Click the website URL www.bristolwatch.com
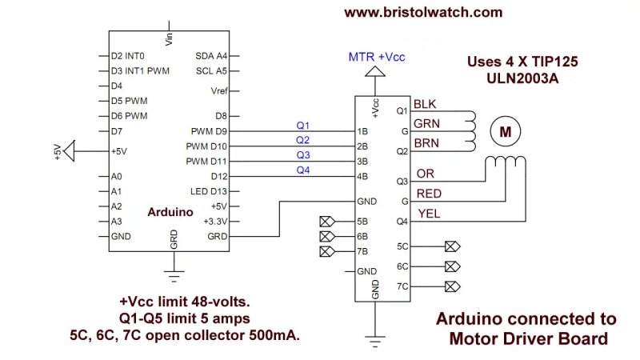[423, 12]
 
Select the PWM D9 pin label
[210, 130]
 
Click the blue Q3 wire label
[303, 154]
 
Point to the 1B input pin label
[362, 130]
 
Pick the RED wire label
[429, 194]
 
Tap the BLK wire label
[426, 104]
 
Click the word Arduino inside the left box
[170, 212]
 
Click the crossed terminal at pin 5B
[325, 222]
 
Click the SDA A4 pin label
[212, 56]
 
